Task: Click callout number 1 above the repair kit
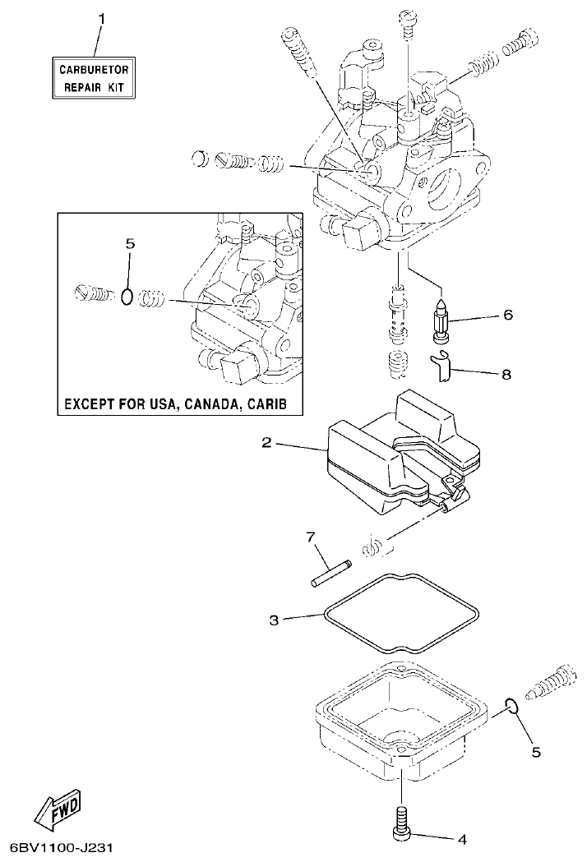[x=102, y=17]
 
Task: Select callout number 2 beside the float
[x=266, y=443]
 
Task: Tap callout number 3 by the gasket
[x=274, y=619]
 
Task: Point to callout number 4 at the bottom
[x=461, y=839]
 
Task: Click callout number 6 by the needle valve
[x=507, y=315]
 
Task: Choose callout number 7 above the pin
[x=311, y=537]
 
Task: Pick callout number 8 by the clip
[x=507, y=374]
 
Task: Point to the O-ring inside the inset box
[x=126, y=296]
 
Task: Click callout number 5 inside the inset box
[x=128, y=244]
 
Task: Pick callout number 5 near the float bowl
[x=535, y=751]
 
